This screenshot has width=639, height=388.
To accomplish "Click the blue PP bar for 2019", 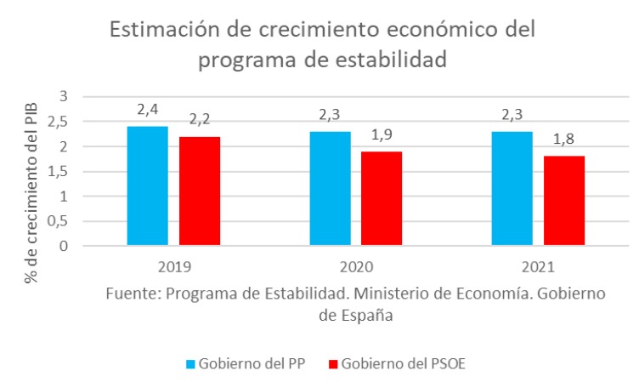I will click(148, 186).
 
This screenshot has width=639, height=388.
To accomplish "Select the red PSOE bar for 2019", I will click(200, 191).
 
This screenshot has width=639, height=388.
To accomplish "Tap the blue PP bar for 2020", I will click(330, 189).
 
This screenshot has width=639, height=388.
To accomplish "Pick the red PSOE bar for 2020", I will click(382, 199).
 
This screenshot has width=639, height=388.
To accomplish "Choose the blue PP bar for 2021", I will click(512, 189).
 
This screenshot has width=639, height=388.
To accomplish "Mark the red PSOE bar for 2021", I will click(564, 202).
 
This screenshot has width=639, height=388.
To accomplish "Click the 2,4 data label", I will click(148, 110).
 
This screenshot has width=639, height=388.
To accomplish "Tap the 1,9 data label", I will click(382, 134).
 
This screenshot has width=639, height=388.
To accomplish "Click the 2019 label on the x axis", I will click(174, 266).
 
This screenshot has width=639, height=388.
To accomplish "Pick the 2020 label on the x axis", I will click(356, 266).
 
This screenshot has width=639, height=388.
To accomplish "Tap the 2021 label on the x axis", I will click(538, 266).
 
